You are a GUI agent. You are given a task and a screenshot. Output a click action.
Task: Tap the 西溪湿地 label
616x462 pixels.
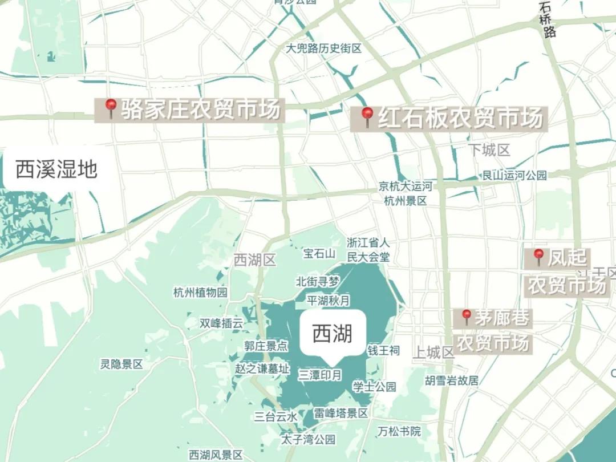click(x=56, y=169)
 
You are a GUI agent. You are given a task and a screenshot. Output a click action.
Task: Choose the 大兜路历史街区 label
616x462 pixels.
click(x=323, y=48)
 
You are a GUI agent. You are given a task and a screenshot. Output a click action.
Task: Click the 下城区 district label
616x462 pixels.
click(x=489, y=150)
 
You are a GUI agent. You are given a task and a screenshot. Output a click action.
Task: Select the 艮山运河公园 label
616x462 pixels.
click(x=514, y=175)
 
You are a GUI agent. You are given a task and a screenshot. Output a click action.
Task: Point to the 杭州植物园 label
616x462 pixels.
click(x=200, y=293)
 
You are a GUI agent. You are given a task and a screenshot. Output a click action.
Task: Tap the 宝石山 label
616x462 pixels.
click(x=319, y=254)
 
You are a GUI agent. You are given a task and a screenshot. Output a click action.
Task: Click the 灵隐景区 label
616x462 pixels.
click(x=121, y=364)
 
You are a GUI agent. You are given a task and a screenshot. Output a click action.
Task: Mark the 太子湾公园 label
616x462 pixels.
click(x=308, y=439)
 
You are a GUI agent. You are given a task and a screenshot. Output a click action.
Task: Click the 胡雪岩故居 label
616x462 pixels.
click(x=452, y=380)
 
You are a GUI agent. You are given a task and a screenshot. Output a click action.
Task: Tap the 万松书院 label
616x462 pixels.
click(x=399, y=432)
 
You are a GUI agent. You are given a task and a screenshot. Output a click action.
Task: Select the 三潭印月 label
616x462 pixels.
click(x=320, y=375)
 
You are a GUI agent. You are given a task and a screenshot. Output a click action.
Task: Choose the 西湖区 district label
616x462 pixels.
click(x=254, y=261)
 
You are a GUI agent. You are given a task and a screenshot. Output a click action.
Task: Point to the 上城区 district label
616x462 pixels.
click(x=433, y=352)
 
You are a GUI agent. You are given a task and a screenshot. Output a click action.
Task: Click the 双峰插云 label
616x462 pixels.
click(x=221, y=323)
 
